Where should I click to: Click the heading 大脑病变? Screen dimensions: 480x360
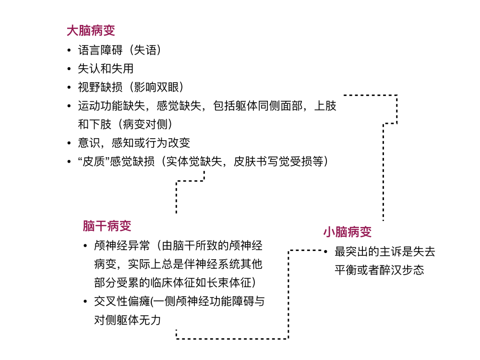point(91,31)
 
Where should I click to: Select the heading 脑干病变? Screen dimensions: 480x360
point(107,226)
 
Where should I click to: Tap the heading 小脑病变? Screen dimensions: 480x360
point(348,232)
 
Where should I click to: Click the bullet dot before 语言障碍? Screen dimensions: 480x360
point(69,50)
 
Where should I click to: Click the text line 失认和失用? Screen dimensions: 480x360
point(106,69)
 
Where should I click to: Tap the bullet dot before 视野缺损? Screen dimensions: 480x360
point(69,87)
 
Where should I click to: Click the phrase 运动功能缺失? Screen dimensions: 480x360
point(111,106)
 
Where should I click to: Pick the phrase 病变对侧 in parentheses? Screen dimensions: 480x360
point(145,124)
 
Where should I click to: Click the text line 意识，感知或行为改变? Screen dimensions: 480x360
point(134,143)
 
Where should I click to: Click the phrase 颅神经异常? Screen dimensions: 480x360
point(122,245)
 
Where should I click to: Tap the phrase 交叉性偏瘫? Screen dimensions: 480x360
point(122,301)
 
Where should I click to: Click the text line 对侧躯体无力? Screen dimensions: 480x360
point(127,320)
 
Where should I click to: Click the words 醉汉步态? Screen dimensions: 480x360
point(402,270)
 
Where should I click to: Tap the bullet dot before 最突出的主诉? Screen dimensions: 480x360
point(326,252)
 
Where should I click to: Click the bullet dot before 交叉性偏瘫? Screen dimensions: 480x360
point(85,302)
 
